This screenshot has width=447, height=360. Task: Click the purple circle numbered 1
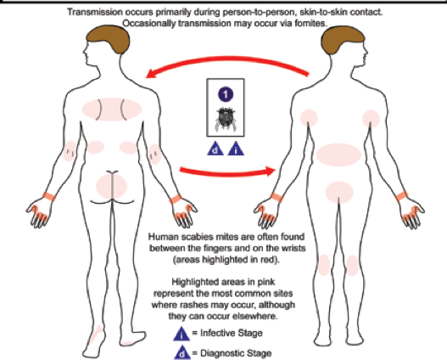tap(226, 94)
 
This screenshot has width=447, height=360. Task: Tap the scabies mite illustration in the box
tap(226, 119)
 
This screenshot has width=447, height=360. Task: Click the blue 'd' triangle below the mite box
tap(215, 149)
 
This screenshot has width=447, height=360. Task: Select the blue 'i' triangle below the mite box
tap(236, 149)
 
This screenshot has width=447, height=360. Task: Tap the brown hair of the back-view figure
tap(109, 39)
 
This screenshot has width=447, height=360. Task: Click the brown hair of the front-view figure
tap(343, 39)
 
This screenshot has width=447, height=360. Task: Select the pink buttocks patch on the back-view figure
tap(111, 186)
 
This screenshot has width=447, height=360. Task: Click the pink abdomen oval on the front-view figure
tap(338, 155)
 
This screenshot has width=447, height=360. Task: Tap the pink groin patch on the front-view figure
tap(339, 192)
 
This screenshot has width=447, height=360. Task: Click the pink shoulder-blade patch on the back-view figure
tap(112, 110)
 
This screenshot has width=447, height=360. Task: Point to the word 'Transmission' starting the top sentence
tap(88, 12)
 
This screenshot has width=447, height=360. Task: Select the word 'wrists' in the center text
tap(294, 248)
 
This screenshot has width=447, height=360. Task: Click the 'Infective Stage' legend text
tap(232, 333)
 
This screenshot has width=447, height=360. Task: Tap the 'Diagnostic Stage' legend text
tap(236, 353)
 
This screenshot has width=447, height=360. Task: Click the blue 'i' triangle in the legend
tap(182, 335)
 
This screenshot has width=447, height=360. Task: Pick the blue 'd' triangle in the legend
tap(182, 353)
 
